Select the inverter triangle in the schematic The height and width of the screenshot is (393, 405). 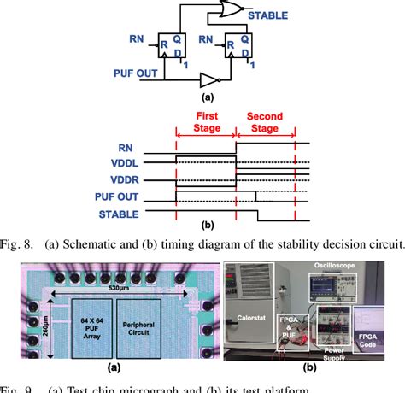[x=208, y=79]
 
